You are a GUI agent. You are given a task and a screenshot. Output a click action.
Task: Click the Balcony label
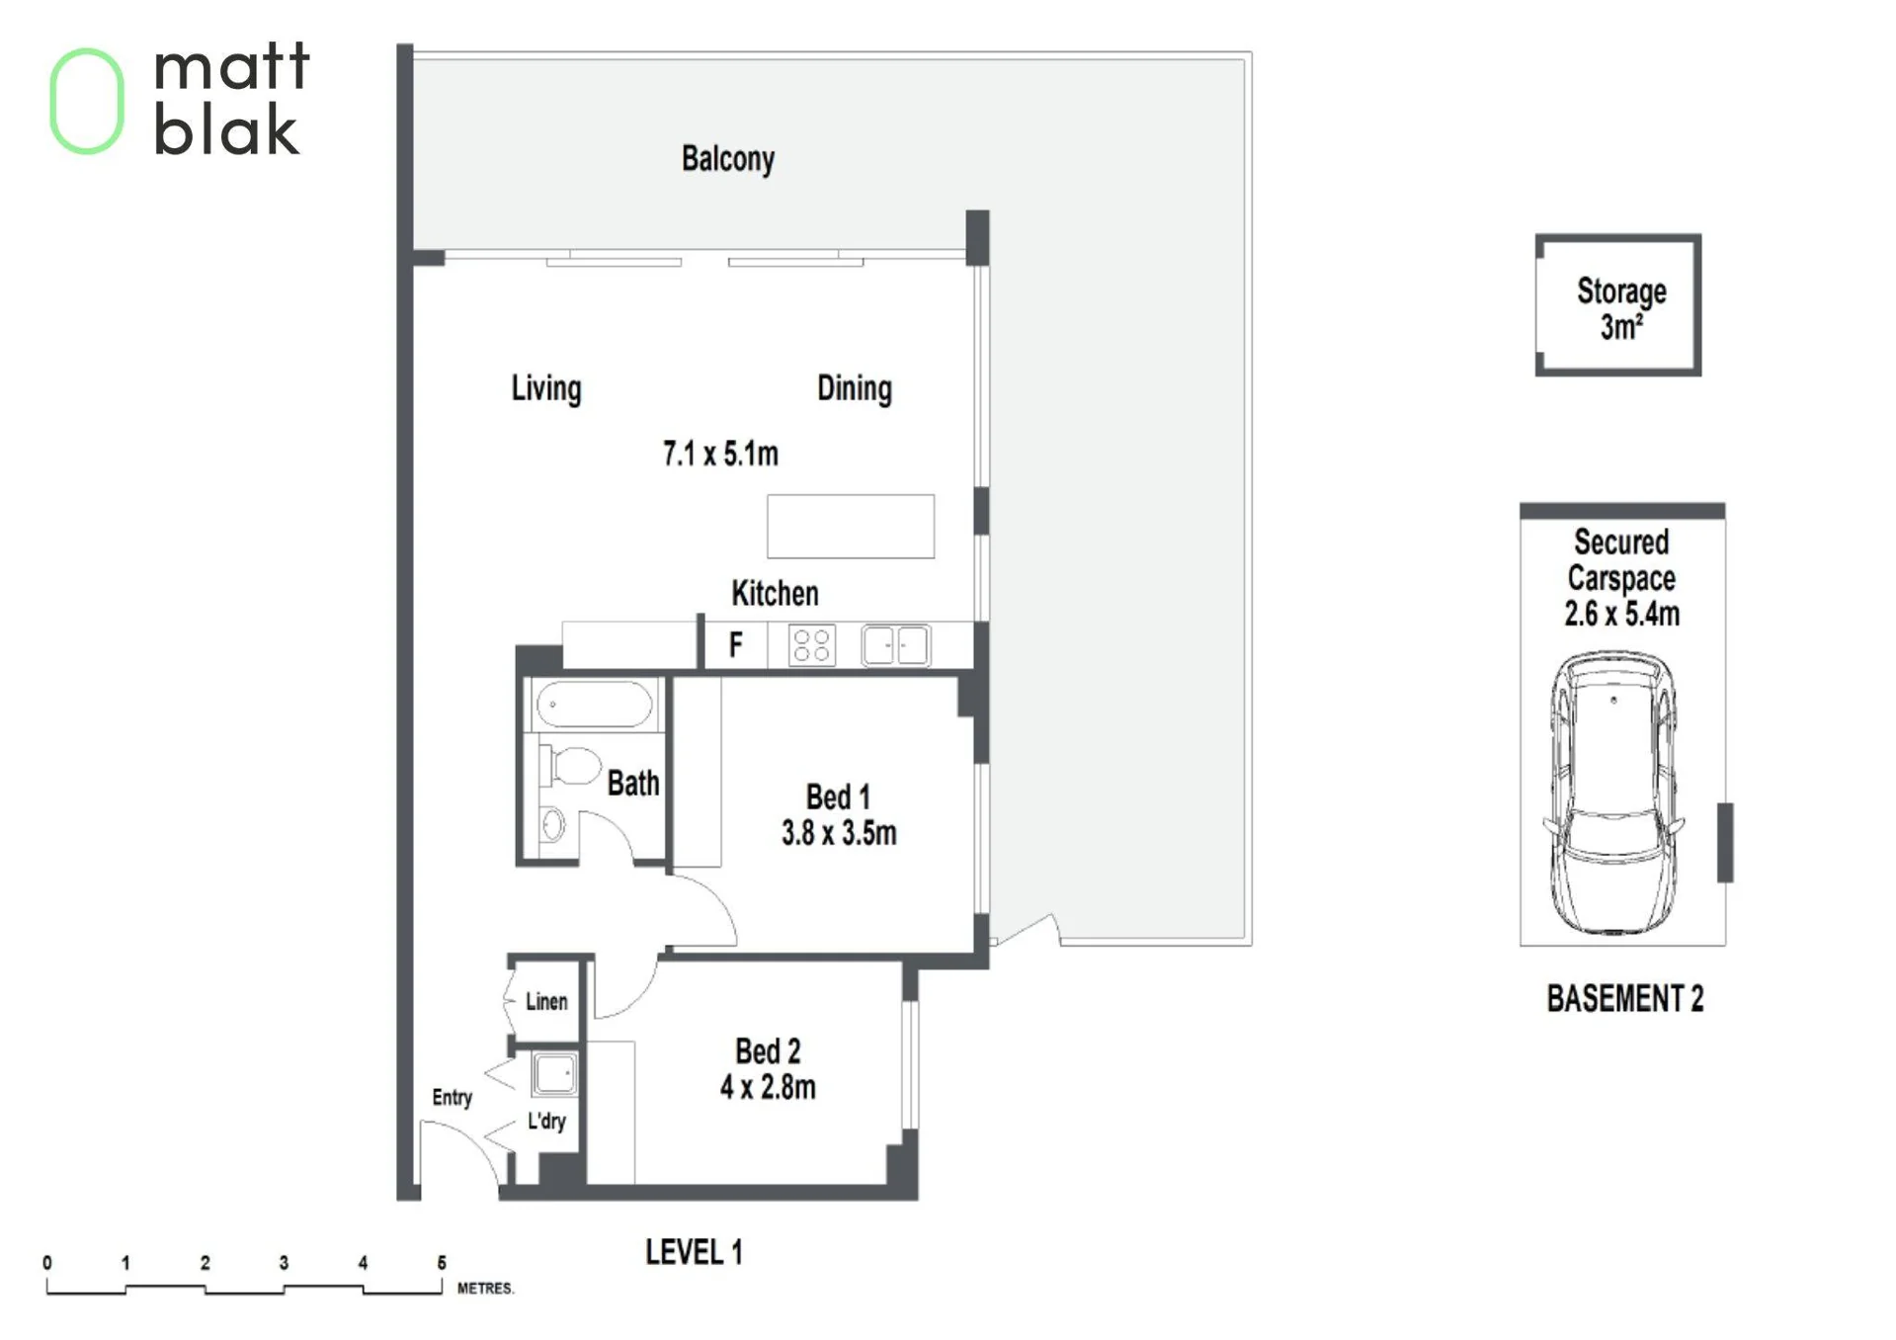click(728, 159)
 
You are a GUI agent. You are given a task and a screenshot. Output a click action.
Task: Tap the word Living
click(546, 388)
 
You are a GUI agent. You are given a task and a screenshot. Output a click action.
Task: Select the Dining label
click(855, 388)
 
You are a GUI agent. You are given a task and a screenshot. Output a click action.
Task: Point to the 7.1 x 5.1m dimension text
click(720, 454)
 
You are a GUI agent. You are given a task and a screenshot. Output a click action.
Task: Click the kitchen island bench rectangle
click(851, 527)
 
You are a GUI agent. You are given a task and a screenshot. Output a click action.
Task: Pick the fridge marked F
click(735, 645)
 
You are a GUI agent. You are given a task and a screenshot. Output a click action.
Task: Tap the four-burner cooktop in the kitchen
click(812, 645)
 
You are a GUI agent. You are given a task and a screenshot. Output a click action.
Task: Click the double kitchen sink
click(895, 645)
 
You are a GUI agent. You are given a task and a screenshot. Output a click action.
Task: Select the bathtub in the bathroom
click(594, 706)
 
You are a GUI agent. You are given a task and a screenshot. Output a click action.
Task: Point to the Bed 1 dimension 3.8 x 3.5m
click(839, 833)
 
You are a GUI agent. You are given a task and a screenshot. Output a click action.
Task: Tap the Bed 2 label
click(768, 1050)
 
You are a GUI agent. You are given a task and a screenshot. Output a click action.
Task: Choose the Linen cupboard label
click(546, 1001)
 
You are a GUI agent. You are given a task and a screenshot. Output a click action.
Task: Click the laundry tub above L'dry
click(554, 1074)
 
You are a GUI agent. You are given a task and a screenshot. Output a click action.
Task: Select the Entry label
click(452, 1098)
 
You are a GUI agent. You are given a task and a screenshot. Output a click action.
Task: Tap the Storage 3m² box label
click(1621, 308)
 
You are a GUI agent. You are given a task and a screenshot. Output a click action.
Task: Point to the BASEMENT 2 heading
click(1625, 998)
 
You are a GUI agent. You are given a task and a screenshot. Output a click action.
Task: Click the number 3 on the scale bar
click(284, 1262)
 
